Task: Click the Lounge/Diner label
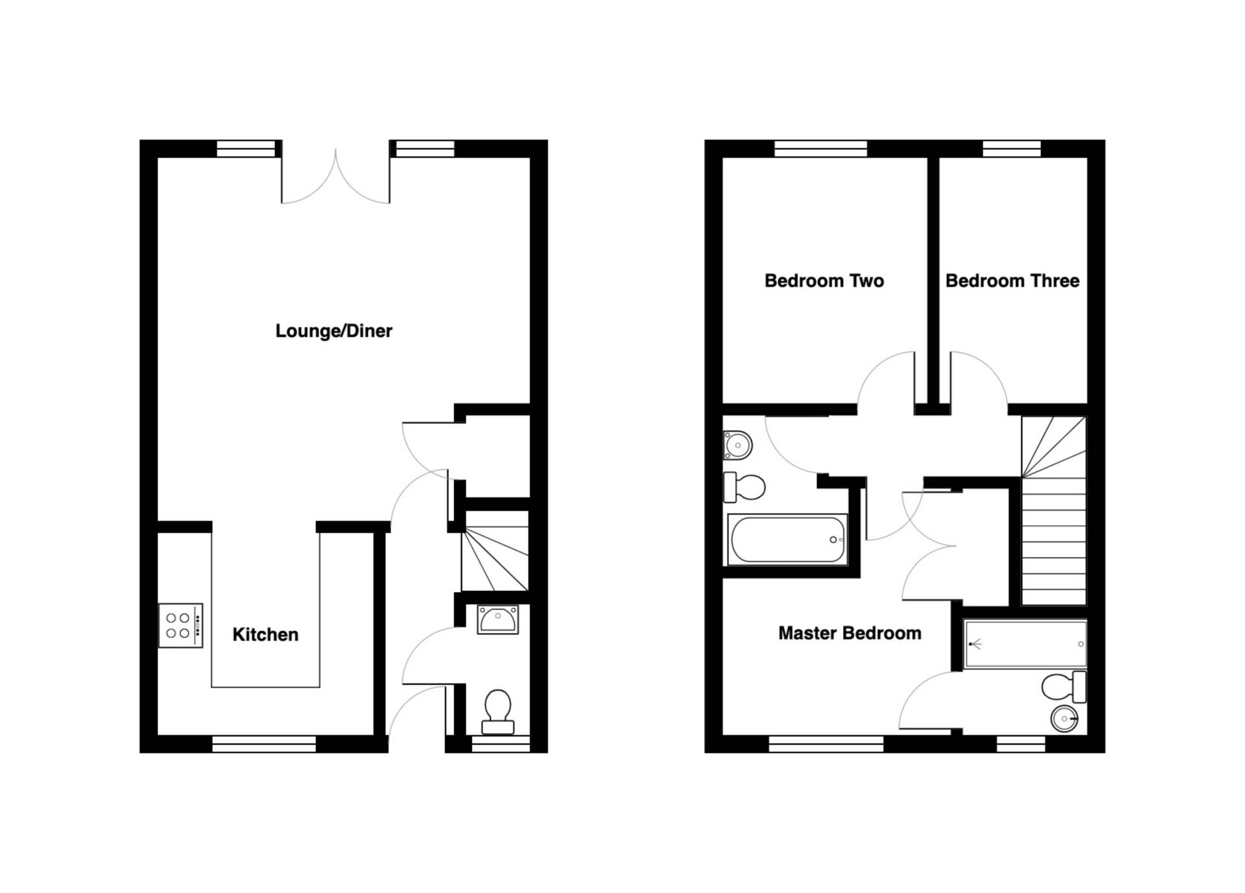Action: pos(333,331)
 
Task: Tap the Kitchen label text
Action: pos(265,634)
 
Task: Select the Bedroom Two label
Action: pos(824,281)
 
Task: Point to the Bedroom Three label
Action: pos(1012,281)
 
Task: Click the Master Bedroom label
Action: pos(849,633)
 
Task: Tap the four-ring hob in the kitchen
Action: pos(181,626)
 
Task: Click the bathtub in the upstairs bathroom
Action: pos(787,540)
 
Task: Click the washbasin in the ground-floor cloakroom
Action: pos(497,619)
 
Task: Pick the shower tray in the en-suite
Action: pos(1025,644)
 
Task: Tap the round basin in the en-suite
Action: pos(1063,719)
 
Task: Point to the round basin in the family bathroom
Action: pos(737,446)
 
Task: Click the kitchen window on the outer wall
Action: pos(264,744)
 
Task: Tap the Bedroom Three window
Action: pos(1012,149)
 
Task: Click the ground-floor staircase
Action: pos(495,551)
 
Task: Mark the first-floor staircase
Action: pos(1053,512)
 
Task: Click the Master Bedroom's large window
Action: pos(826,744)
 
